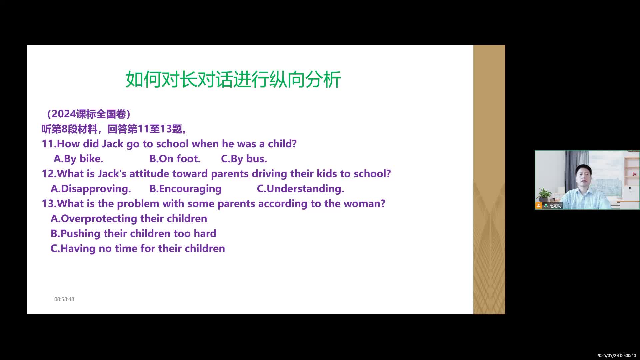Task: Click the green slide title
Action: click(233, 79)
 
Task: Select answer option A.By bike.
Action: click(78, 159)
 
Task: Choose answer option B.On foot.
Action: click(175, 159)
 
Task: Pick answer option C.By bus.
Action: click(244, 159)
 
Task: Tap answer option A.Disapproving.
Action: click(91, 189)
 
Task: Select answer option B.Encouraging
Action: click(185, 189)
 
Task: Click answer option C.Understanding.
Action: click(300, 189)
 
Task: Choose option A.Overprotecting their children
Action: click(129, 219)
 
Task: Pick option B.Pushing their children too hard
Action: click(133, 233)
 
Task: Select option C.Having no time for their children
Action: click(138, 248)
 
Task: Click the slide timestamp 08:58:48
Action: click(64, 299)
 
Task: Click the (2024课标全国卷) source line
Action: click(88, 114)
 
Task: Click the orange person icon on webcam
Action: click(539, 206)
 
